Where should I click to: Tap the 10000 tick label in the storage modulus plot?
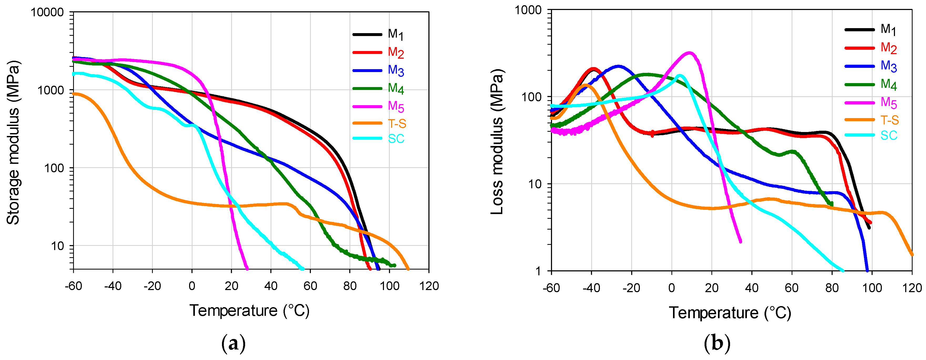47,12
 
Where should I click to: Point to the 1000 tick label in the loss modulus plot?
528,10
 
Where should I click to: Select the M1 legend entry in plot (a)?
396,34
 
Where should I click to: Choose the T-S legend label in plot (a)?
397,124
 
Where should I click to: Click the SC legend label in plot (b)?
889,135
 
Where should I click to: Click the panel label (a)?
234,343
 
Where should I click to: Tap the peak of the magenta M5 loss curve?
689,53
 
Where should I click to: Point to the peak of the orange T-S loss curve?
586,85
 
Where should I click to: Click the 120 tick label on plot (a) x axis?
428,286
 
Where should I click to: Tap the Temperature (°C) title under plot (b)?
730,313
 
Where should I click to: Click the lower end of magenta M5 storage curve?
247,268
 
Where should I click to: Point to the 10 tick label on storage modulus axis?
57,246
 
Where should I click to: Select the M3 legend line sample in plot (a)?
367,71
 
